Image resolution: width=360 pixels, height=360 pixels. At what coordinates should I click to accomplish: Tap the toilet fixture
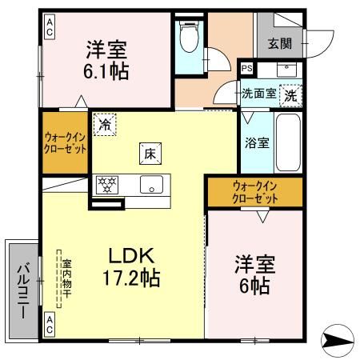(190, 36)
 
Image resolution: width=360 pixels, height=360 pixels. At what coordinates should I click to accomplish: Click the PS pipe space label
(246, 68)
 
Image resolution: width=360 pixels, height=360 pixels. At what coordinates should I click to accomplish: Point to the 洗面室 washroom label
(260, 93)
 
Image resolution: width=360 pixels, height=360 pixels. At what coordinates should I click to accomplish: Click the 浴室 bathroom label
(256, 144)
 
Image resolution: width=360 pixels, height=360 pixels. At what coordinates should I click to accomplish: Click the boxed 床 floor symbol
(149, 151)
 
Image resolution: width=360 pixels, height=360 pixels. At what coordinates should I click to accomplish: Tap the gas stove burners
(107, 183)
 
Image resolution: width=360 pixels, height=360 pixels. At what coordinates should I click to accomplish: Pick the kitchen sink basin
(150, 184)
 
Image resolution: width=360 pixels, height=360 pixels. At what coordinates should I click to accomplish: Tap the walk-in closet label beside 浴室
(255, 192)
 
